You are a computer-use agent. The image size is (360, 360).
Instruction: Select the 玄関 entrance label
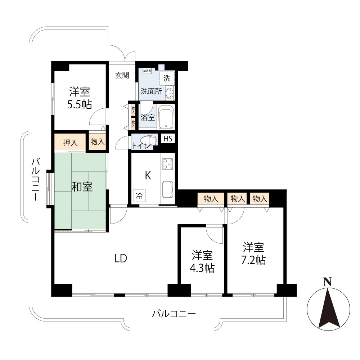point(122,76)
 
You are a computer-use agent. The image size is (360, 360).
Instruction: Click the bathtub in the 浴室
point(166,117)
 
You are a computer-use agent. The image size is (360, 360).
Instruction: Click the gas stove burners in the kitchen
point(168,164)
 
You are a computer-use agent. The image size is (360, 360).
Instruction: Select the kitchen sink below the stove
point(167,189)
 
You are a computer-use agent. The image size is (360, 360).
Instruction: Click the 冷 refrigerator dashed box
point(139,197)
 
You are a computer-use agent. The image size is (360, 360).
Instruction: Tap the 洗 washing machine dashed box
point(167,78)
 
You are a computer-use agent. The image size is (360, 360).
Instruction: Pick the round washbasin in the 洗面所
point(170,94)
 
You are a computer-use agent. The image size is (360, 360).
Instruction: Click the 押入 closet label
point(70,141)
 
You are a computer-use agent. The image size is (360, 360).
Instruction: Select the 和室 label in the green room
point(82,187)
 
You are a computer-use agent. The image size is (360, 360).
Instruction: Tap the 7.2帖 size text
point(253,260)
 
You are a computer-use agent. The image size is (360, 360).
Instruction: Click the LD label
point(121,258)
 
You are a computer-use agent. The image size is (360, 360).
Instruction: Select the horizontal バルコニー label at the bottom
point(174,314)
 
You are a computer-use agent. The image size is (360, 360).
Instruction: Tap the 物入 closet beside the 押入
point(97,141)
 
